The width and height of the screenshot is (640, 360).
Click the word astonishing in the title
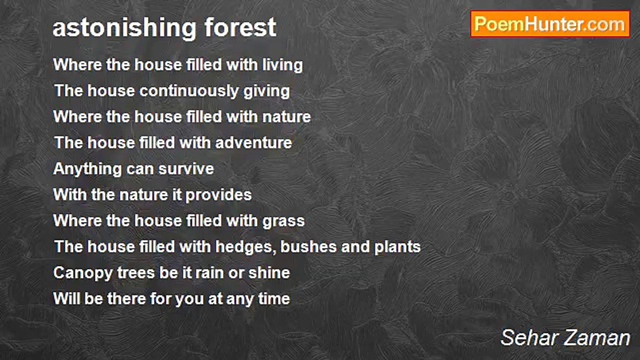tap(124, 28)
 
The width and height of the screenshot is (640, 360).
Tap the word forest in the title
tap(240, 27)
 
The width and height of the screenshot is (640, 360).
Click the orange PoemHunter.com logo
tap(550, 24)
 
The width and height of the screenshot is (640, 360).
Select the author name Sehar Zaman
tap(565, 337)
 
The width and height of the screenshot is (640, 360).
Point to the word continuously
tap(188, 91)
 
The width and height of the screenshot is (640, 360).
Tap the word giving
tap(266, 91)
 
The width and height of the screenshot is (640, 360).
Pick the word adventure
tap(253, 142)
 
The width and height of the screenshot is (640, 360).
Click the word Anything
tap(87, 169)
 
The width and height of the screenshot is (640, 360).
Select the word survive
tap(186, 169)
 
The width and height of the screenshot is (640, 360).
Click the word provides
tap(218, 195)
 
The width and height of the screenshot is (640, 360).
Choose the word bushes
tap(308, 246)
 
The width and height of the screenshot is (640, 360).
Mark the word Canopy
tap(83, 273)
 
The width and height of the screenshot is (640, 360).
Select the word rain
tap(209, 273)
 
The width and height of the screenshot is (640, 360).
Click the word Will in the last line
tap(66, 299)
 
